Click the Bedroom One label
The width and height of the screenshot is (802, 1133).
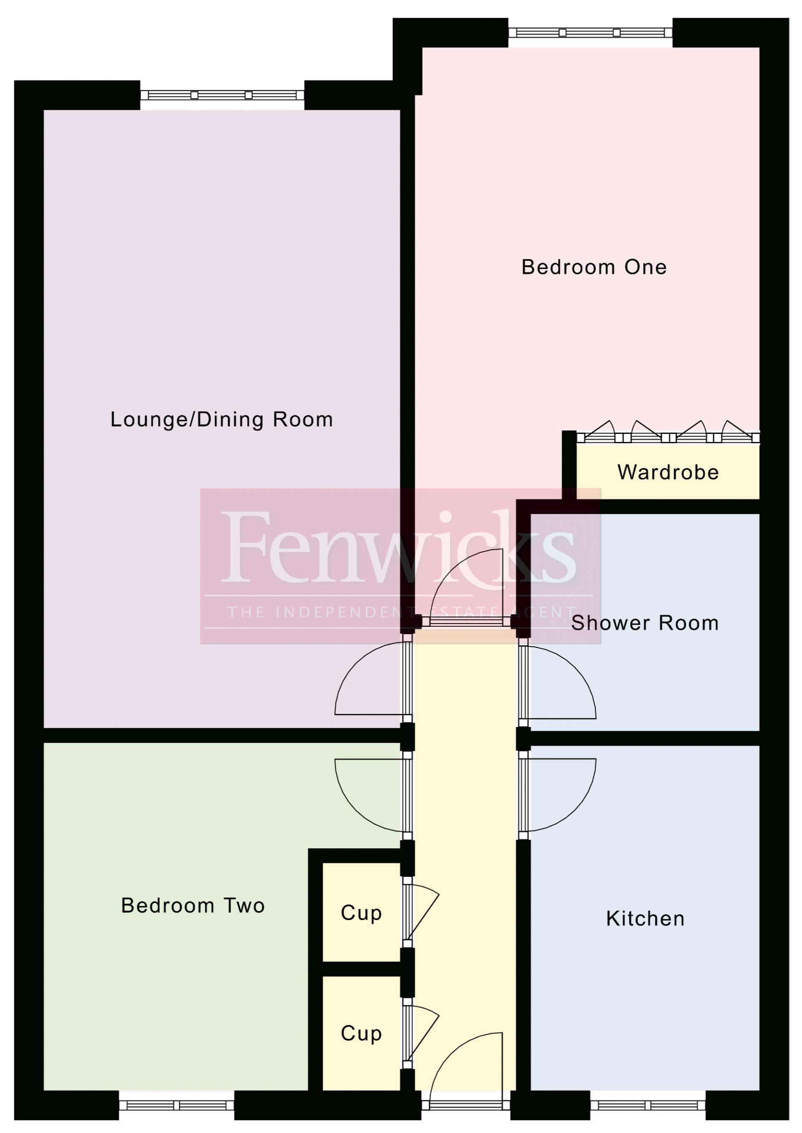click(594, 267)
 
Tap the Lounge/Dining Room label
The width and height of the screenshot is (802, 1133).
click(221, 420)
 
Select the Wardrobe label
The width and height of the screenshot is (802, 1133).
click(668, 472)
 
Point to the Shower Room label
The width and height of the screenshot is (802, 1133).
click(644, 623)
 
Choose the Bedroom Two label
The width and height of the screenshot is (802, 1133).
click(193, 906)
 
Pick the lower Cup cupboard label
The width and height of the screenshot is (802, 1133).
click(361, 1033)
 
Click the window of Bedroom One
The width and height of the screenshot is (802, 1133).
click(590, 32)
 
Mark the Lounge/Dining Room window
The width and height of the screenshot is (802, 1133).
click(222, 95)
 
